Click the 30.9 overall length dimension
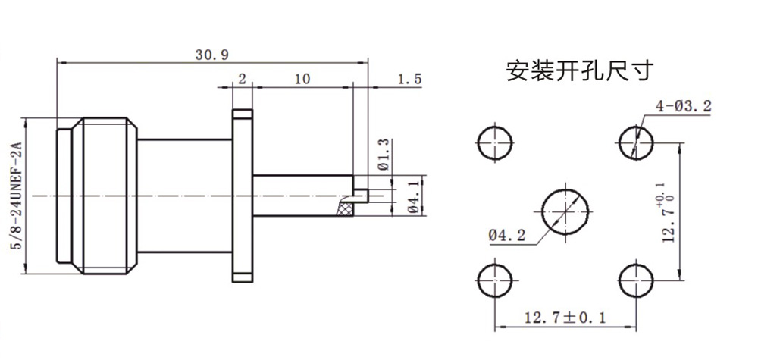(x=211, y=55)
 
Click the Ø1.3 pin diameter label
(x=382, y=154)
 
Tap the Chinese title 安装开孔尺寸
(x=579, y=71)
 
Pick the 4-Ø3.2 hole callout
(x=684, y=107)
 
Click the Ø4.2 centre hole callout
(x=506, y=236)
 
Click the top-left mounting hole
(x=496, y=142)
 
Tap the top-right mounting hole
(x=635, y=142)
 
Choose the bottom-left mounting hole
(x=496, y=281)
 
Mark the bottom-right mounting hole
(x=635, y=281)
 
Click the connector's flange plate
(x=242, y=196)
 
